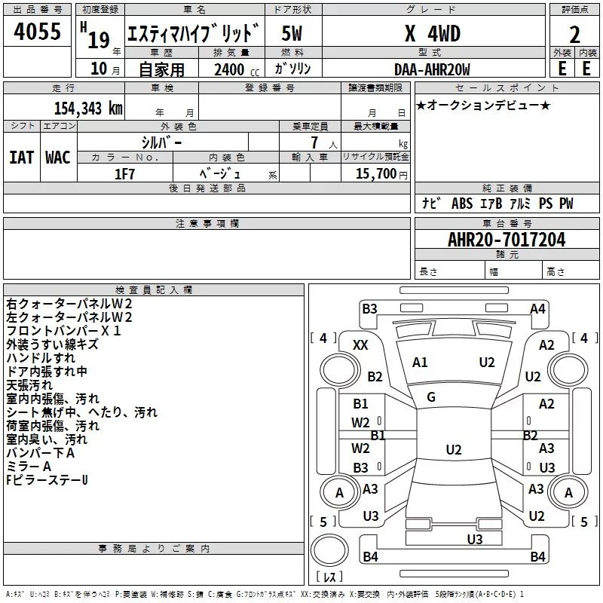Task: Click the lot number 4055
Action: click(37, 32)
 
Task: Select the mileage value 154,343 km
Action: click(88, 108)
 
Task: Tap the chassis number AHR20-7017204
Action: click(507, 240)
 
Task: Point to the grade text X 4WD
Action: click(433, 33)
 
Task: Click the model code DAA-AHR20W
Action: click(432, 69)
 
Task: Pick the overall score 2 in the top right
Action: click(574, 35)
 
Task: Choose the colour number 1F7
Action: click(124, 174)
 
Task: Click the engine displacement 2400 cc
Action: click(237, 69)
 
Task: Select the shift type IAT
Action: click(22, 158)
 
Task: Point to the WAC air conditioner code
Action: click(58, 158)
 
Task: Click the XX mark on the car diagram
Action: click(360, 345)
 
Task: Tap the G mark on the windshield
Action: click(431, 396)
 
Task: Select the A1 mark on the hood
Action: click(420, 363)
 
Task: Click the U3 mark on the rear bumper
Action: click(475, 540)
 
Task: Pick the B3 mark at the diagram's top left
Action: click(369, 309)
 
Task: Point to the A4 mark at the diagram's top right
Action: click(537, 309)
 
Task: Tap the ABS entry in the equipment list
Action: click(462, 204)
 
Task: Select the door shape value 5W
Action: click(292, 33)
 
